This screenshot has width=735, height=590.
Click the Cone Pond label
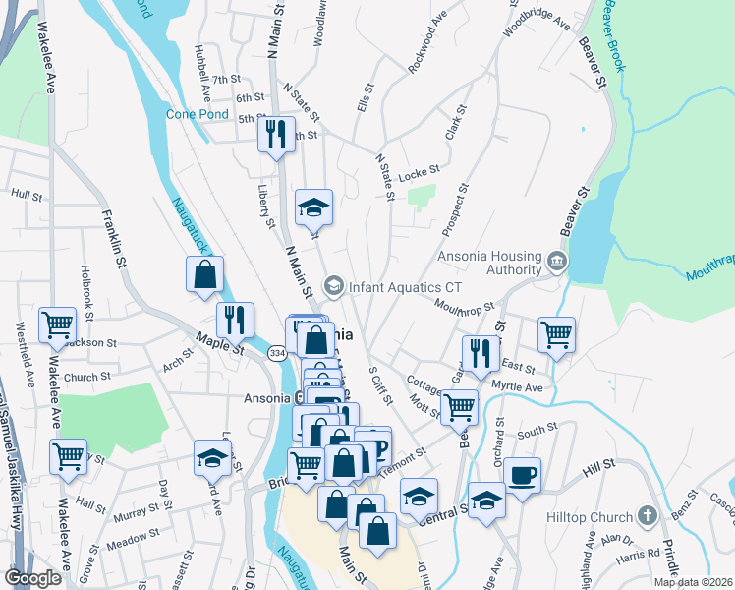pyautogui.click(x=197, y=114)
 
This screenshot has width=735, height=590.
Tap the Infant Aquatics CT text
pyautogui.click(x=404, y=286)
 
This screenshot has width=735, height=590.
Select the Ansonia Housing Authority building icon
pyautogui.click(x=557, y=262)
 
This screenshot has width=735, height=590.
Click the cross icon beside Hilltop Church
pyautogui.click(x=647, y=515)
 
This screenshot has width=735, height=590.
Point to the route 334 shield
pyautogui.click(x=278, y=352)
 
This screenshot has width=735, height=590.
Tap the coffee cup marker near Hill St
pyautogui.click(x=522, y=474)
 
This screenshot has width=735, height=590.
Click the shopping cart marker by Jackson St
pyautogui.click(x=57, y=324)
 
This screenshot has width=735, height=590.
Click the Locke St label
pyautogui.click(x=419, y=172)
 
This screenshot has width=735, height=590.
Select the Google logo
pyautogui.click(x=33, y=577)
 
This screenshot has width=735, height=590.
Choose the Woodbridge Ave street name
pyautogui.click(x=537, y=21)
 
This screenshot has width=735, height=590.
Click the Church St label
pyautogui.click(x=87, y=377)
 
